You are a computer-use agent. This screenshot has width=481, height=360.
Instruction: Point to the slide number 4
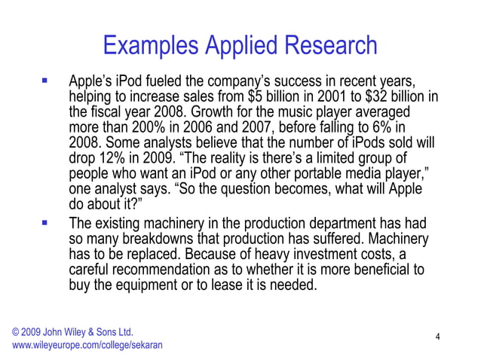(x=438, y=338)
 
